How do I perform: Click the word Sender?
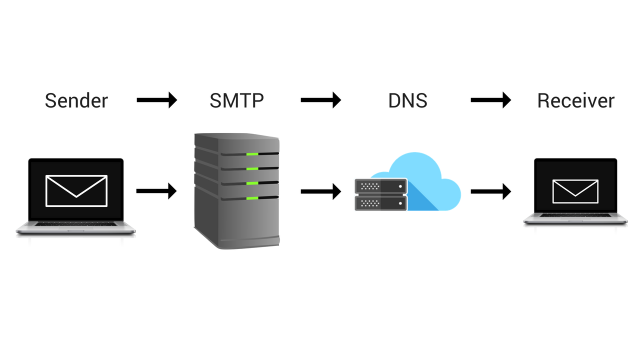[76, 100]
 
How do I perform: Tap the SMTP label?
[236, 100]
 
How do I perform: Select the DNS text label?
[407, 100]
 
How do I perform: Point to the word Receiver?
[575, 100]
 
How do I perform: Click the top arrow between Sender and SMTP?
[156, 100]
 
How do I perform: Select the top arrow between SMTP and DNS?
[320, 100]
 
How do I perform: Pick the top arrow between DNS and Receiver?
[490, 100]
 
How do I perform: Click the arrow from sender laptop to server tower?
[156, 190]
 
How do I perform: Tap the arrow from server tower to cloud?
[320, 190]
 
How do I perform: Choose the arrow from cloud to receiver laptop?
[490, 190]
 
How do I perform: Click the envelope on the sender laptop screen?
[76, 190]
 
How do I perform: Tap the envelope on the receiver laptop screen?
[575, 191]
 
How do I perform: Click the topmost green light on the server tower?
[252, 153]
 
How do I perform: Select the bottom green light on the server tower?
[252, 198]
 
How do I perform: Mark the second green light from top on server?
[252, 168]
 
